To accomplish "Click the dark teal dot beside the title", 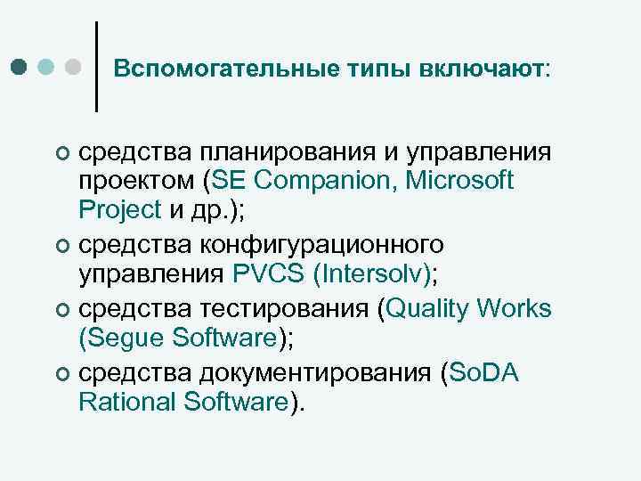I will click(x=20, y=67).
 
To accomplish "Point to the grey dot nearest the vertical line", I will click(x=74, y=67).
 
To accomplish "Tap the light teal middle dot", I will click(x=47, y=67).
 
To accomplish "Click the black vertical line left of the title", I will click(x=96, y=67).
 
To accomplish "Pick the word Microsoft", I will click(x=460, y=182).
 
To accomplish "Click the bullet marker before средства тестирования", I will click(x=61, y=310).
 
